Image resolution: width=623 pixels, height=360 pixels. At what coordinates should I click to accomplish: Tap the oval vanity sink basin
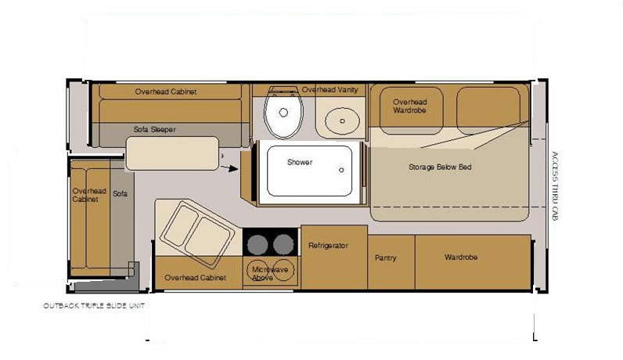(x=342, y=121)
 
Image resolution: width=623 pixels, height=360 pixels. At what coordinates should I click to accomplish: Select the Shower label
(x=300, y=162)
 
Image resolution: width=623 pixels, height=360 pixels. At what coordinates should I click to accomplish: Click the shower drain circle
(x=341, y=170)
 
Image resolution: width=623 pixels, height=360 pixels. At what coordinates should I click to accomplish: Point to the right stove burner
(x=283, y=244)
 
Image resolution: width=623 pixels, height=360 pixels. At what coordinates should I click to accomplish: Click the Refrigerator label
(x=328, y=246)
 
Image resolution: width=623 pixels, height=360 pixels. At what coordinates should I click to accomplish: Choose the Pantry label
(x=385, y=258)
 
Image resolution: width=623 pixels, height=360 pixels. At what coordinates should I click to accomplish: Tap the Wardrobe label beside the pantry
(x=461, y=257)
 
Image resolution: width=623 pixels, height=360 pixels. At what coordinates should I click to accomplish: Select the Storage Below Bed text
(x=440, y=167)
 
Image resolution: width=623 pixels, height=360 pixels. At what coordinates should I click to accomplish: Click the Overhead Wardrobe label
(x=409, y=106)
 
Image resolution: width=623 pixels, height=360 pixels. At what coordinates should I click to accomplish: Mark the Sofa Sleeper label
(x=154, y=130)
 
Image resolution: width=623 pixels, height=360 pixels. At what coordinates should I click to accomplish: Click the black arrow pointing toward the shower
(x=229, y=168)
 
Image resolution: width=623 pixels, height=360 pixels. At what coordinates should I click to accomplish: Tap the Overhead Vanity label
(x=330, y=90)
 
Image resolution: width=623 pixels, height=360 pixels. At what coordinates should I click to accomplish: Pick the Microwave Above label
(x=270, y=273)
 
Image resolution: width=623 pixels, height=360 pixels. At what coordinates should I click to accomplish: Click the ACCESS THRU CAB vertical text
(x=555, y=186)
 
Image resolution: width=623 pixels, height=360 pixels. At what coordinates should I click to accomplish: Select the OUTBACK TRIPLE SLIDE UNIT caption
(x=94, y=305)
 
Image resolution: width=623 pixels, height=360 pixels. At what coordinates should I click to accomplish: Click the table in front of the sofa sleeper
(x=172, y=153)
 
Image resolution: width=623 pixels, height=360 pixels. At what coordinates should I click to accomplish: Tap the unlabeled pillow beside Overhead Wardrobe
(x=488, y=110)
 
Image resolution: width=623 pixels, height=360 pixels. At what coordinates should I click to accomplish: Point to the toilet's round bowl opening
(x=283, y=113)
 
